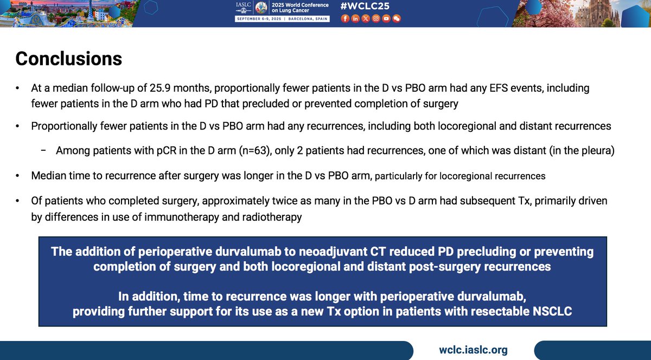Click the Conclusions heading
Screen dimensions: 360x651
68,59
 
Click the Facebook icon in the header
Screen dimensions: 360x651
345,18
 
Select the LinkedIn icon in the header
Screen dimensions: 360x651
355,18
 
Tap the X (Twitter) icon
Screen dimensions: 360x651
366,18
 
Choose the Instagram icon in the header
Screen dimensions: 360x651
376,18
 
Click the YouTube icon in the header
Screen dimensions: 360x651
386,18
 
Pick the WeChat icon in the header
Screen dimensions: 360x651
397,18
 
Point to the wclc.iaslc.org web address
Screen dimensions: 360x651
473,350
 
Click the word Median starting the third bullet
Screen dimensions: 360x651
48,176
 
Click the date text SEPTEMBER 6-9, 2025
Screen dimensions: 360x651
258,18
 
